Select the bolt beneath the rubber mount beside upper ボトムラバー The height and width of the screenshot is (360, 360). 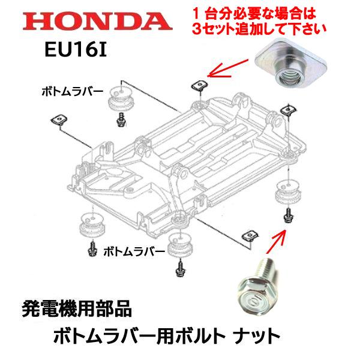(x=121, y=120)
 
